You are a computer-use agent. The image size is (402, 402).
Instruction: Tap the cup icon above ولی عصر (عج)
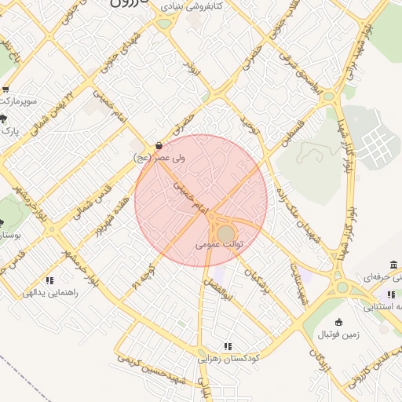coord(159,145)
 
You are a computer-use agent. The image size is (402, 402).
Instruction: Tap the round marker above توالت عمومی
coord(225,234)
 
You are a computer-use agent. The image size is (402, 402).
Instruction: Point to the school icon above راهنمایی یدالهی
coord(49,280)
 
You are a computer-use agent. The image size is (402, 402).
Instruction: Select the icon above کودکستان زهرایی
coord(228,345)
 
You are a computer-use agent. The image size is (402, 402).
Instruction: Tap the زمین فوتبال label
coord(338,334)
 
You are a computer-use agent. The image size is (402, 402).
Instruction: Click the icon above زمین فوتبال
coord(338,322)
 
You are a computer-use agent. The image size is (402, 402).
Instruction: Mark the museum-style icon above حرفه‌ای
coord(393,264)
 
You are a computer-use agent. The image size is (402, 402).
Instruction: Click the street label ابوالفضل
coord(216,291)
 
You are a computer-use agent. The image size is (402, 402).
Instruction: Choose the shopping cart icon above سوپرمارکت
coord(6,90)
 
